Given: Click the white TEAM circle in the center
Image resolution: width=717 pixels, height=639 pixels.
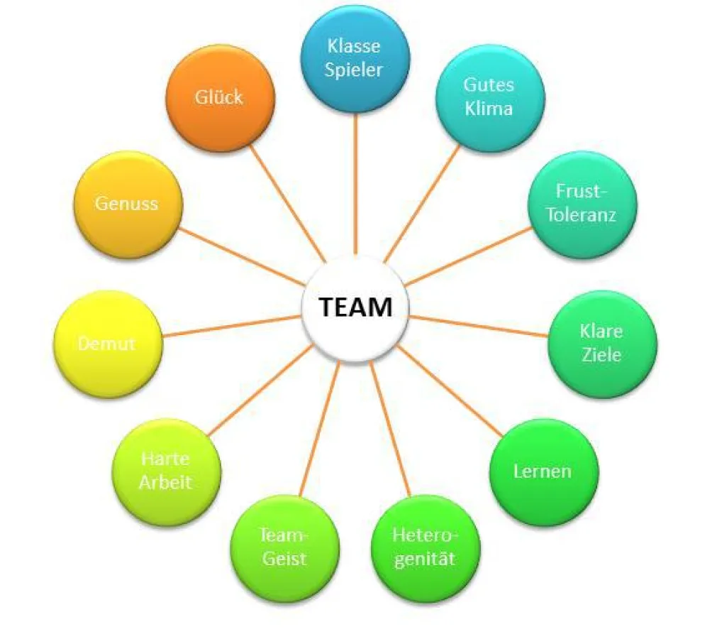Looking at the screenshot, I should point(355,308).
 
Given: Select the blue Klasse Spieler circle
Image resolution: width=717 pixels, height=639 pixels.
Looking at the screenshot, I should point(355,59).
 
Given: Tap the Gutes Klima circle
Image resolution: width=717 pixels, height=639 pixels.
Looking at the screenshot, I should point(489,98).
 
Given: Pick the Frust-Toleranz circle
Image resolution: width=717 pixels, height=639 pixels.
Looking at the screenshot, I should point(582,204).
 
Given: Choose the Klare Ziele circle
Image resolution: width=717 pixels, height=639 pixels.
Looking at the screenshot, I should point(602,343).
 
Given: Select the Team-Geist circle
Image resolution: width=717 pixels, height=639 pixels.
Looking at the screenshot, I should point(284,547).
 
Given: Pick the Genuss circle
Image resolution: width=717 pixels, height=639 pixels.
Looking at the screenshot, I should point(128,204).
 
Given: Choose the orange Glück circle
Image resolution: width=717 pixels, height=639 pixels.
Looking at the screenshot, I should point(220,98).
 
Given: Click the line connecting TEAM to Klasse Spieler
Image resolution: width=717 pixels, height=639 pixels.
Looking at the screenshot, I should point(355,185).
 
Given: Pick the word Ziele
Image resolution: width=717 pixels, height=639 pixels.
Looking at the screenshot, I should point(601,354).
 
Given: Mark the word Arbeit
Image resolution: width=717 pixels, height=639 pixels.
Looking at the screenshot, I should point(165,482).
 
